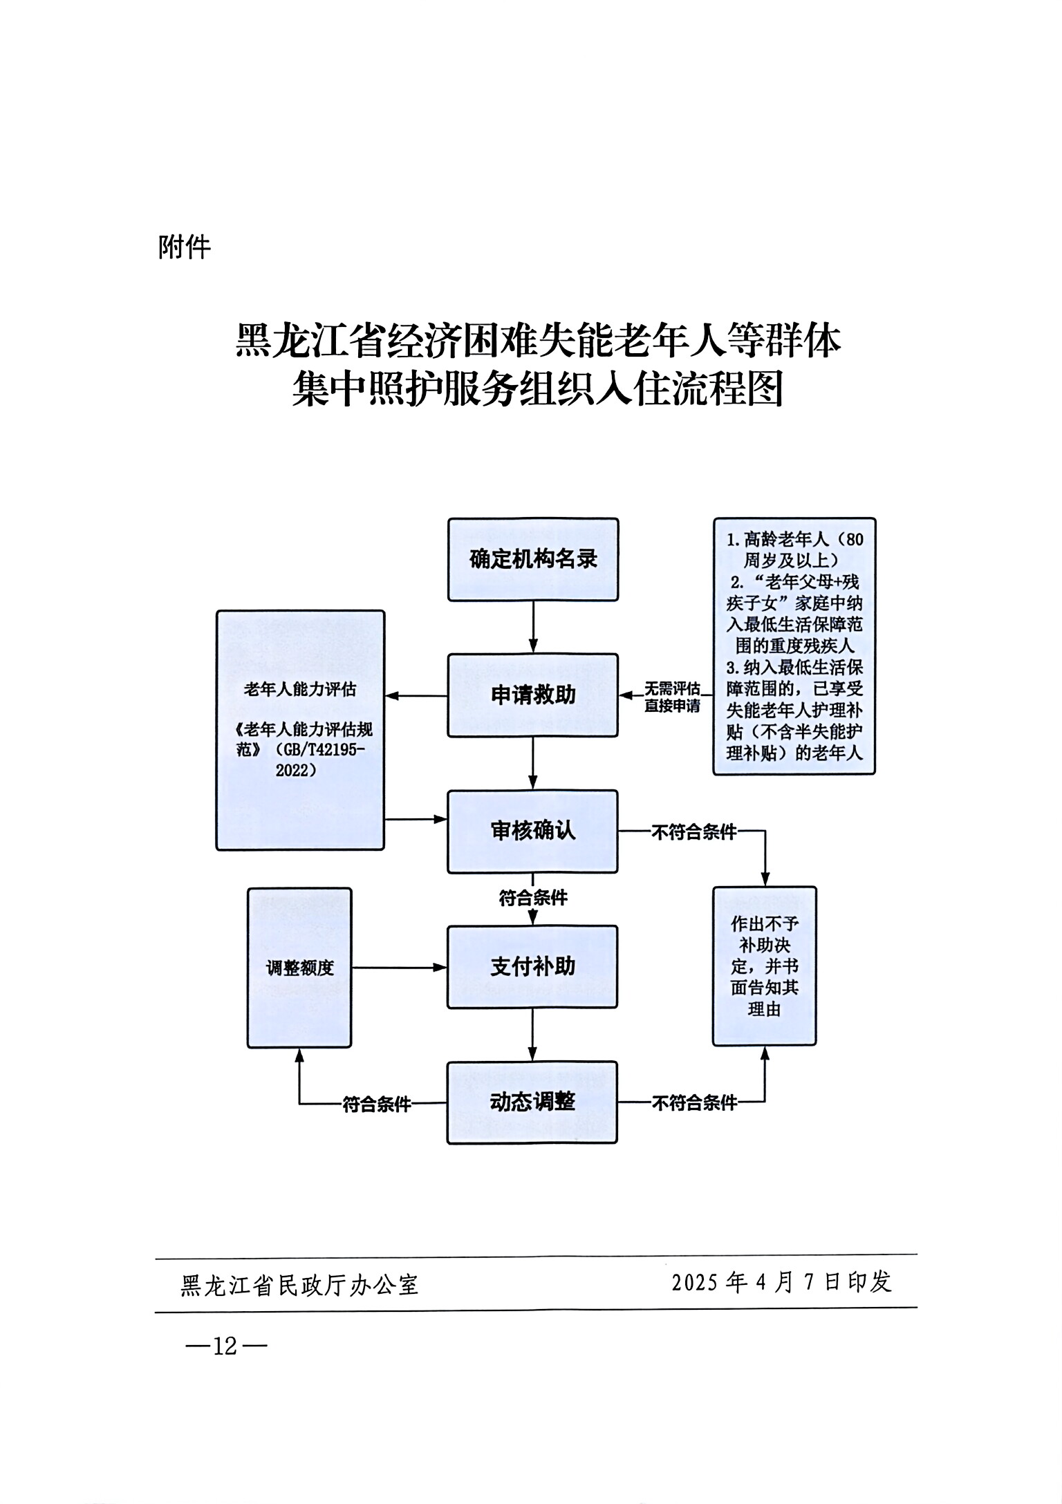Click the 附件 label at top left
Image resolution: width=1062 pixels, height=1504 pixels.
(184, 247)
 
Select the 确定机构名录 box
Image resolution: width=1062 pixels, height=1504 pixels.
(533, 559)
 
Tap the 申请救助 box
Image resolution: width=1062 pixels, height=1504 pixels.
(533, 695)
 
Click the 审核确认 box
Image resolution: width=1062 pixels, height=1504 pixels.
(533, 831)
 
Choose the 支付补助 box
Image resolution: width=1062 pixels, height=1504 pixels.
(533, 966)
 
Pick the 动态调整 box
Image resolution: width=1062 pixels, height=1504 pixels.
(532, 1102)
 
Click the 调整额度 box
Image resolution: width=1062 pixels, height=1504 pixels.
(299, 968)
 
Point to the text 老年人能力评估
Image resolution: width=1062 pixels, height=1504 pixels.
(300, 689)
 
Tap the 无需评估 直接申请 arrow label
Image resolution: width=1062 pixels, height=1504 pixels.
(672, 697)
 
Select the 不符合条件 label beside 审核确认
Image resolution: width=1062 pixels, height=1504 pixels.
(694, 832)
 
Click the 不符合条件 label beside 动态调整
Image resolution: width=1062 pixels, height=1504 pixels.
(694, 1103)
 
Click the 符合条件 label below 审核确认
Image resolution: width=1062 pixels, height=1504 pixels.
(533, 898)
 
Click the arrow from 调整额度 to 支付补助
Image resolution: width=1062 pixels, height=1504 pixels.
(399, 968)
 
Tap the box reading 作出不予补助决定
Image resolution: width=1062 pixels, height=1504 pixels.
(765, 966)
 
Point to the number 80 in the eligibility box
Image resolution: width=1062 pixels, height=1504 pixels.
(854, 539)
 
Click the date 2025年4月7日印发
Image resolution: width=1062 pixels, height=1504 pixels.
(781, 1282)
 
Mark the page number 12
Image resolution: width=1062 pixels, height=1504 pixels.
(225, 1346)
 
